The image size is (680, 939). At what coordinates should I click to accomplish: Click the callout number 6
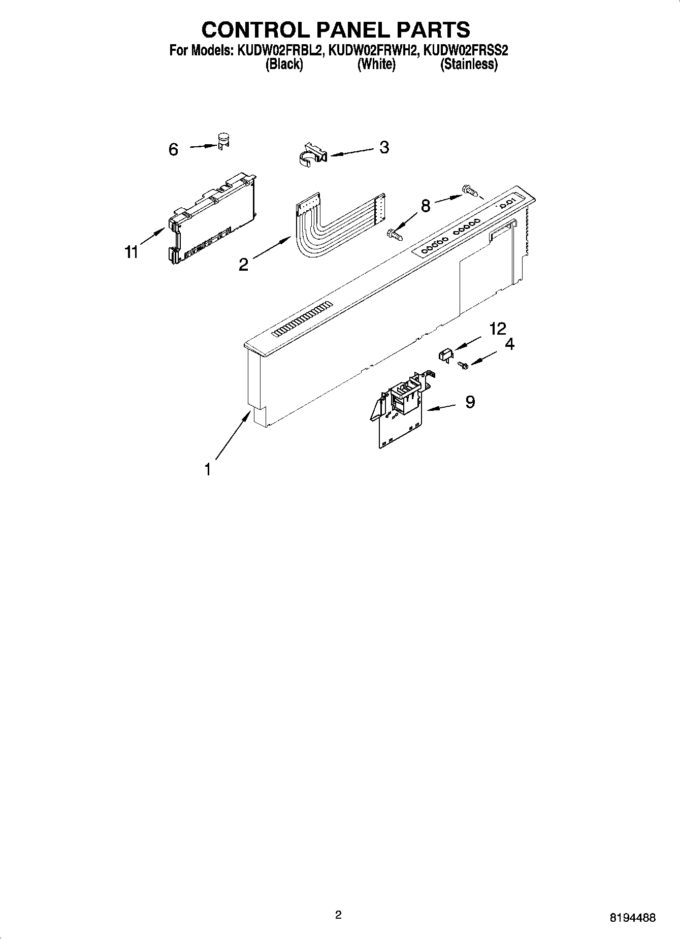pos(174,150)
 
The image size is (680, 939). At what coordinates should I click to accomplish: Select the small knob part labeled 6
pos(222,141)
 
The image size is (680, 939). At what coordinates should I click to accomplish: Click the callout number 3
pos(384,147)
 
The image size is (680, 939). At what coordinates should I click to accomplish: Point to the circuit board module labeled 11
pos(211,218)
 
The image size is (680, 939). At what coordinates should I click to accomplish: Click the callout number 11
pos(132,251)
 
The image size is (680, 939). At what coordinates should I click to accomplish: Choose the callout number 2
pos(244,264)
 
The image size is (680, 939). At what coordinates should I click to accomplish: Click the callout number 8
pos(426,206)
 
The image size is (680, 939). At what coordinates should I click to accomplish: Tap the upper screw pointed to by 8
pos(469,191)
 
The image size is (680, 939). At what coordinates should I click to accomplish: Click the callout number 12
pos(498,329)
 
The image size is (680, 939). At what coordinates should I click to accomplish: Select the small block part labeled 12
pos(445,354)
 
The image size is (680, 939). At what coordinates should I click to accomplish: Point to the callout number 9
pos(470,402)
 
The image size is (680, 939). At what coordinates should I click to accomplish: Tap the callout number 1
pos(207,470)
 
